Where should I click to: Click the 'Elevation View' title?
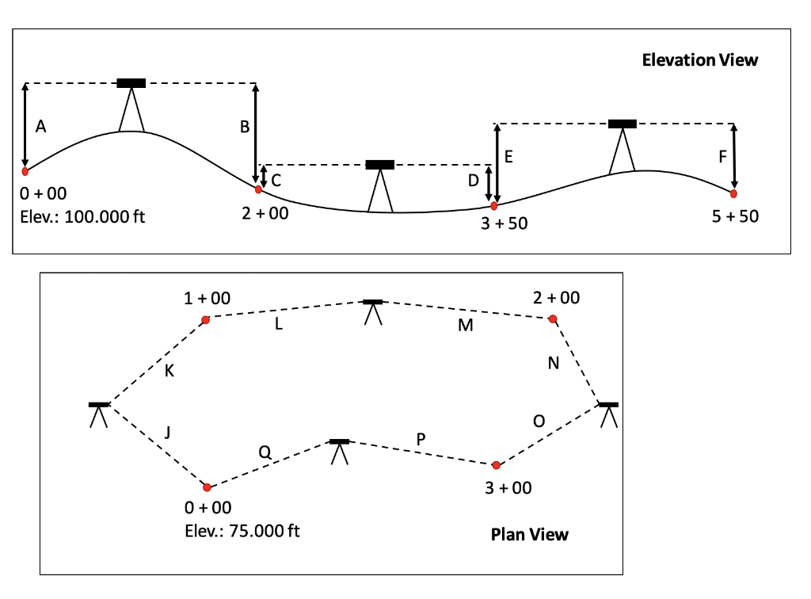tap(699, 60)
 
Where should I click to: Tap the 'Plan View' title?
tap(529, 534)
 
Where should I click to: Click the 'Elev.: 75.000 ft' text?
tap(242, 530)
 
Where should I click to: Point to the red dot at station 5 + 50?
tap(733, 193)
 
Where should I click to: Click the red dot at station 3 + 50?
tap(494, 206)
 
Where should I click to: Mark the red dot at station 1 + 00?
tap(205, 320)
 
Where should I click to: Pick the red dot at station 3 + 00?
tap(496, 465)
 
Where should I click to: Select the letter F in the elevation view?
tap(722, 157)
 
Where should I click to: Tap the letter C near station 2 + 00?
tap(276, 181)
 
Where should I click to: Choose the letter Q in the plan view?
tap(265, 452)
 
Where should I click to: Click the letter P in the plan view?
tap(421, 438)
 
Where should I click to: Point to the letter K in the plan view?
tap(169, 370)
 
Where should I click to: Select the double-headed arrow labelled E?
tap(497, 163)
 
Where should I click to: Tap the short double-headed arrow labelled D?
tap(489, 184)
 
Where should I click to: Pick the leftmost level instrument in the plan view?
tap(99, 414)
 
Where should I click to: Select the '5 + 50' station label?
tap(735, 216)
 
